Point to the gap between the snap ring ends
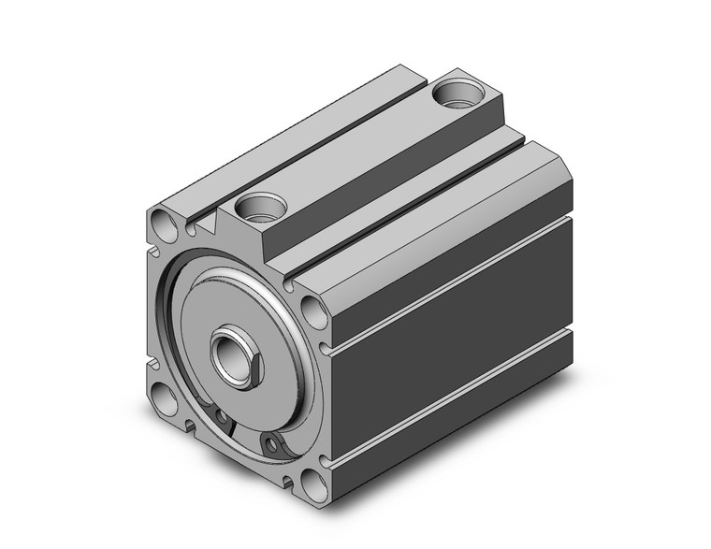[245, 431]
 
